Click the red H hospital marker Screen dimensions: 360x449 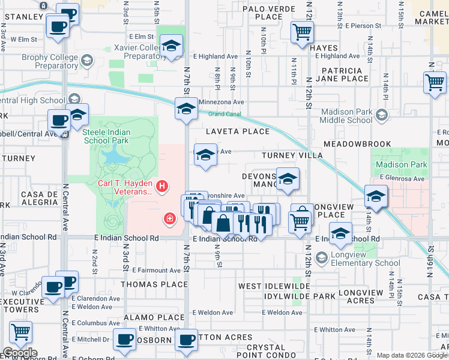161,187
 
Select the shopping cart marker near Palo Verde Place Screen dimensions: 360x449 302,32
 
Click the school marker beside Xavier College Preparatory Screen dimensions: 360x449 171,46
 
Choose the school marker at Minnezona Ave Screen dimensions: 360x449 186,109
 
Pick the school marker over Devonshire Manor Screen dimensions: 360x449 288,179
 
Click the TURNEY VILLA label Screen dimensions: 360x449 292,155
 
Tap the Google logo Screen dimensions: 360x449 20,353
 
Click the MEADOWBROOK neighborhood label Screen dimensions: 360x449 357,145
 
